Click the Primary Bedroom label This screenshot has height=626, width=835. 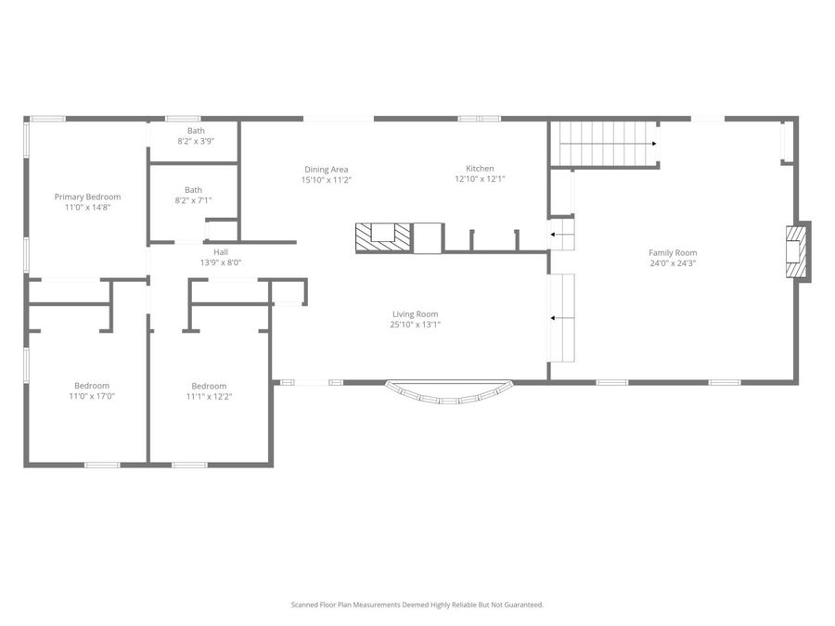[87, 197]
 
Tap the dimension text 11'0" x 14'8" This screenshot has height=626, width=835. [87, 208]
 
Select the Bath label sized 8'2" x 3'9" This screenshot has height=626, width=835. [196, 131]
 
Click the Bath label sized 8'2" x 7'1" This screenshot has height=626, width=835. [193, 189]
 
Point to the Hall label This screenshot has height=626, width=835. [221, 251]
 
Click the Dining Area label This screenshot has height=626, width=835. [326, 169]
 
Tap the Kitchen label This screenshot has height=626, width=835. [480, 169]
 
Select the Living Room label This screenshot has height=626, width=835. [415, 313]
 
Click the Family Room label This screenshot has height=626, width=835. [673, 252]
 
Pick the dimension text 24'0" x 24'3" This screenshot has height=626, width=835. [673, 263]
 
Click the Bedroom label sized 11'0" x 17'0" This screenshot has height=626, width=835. [92, 386]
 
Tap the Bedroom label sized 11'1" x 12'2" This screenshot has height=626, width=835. [209, 386]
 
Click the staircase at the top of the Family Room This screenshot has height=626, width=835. [605, 144]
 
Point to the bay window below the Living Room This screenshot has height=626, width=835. [448, 392]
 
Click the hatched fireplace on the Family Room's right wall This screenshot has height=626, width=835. [795, 250]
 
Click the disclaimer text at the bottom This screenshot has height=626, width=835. [417, 605]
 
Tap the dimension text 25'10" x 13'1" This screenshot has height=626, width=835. [415, 325]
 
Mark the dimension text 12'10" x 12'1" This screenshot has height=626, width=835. [480, 180]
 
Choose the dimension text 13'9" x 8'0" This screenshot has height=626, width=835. [221, 262]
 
